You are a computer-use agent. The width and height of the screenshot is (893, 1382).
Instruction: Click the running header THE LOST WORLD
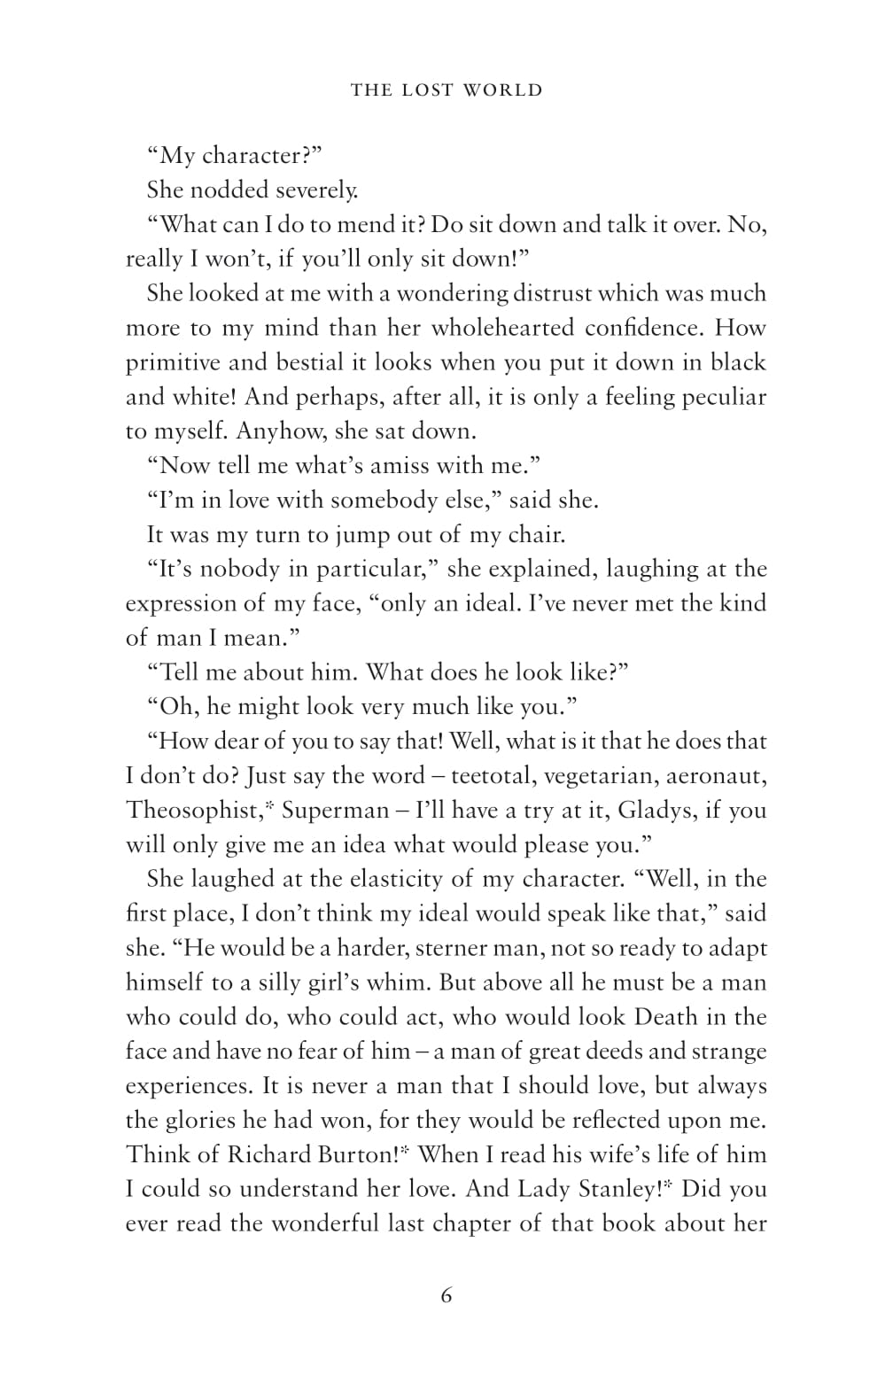(446, 89)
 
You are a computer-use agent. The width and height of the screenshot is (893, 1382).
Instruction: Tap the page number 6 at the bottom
(446, 1296)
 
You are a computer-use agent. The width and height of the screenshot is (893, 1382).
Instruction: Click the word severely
(316, 190)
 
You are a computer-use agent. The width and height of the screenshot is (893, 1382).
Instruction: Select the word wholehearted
(502, 328)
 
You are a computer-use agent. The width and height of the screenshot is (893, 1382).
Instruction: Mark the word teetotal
(492, 776)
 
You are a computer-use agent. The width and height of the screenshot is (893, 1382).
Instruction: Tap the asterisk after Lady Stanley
(670, 1184)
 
